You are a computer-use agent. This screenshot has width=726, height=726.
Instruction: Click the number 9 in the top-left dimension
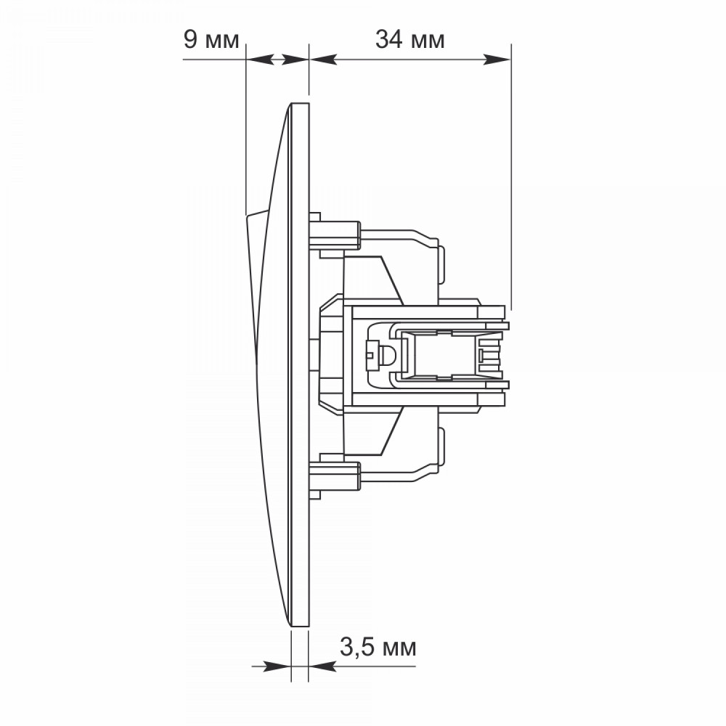[x=191, y=39]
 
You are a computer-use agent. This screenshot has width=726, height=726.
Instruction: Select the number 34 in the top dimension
[x=389, y=39]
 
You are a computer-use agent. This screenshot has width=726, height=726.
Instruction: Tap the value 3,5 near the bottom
[x=357, y=648]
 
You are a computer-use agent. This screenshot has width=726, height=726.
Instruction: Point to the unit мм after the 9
[x=221, y=41]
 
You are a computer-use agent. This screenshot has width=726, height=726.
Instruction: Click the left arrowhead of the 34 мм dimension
[x=323, y=60]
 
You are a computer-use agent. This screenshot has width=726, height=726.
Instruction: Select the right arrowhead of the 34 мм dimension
[x=497, y=60]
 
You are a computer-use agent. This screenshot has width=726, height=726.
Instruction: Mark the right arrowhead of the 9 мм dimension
[x=295, y=60]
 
